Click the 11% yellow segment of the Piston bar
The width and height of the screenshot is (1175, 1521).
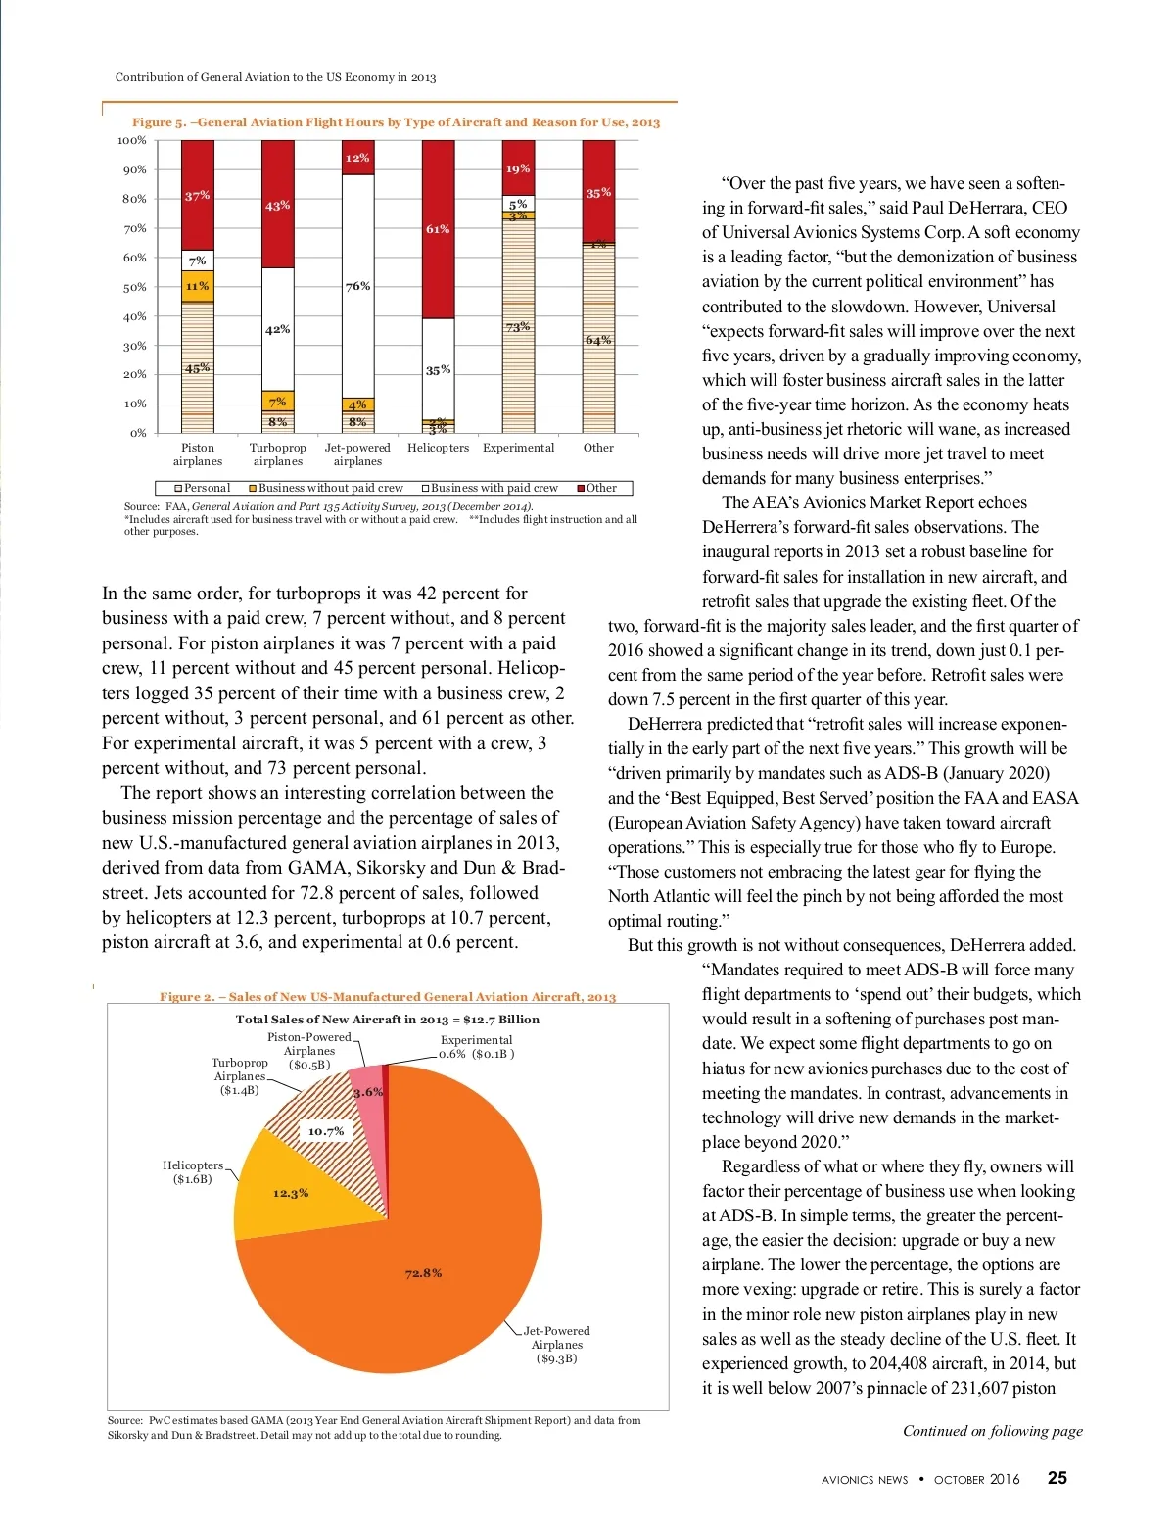pos(198,286)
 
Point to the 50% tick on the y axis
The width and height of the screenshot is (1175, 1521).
pos(134,287)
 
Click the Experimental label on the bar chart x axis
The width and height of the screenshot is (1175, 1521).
pos(518,448)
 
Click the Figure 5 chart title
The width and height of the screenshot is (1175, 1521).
pos(396,122)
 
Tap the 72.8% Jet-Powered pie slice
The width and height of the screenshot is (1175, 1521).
pos(423,1273)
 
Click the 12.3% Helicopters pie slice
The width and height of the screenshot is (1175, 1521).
pos(290,1193)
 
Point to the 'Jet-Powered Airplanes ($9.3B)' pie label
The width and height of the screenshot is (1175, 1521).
pos(556,1345)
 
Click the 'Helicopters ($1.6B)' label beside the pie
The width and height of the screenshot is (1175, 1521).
pos(193,1172)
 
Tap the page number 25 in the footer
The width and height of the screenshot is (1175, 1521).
pos(1057,1479)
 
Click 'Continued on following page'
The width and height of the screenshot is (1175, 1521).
pos(992,1431)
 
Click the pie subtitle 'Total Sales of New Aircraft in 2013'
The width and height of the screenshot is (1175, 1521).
pos(387,1020)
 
